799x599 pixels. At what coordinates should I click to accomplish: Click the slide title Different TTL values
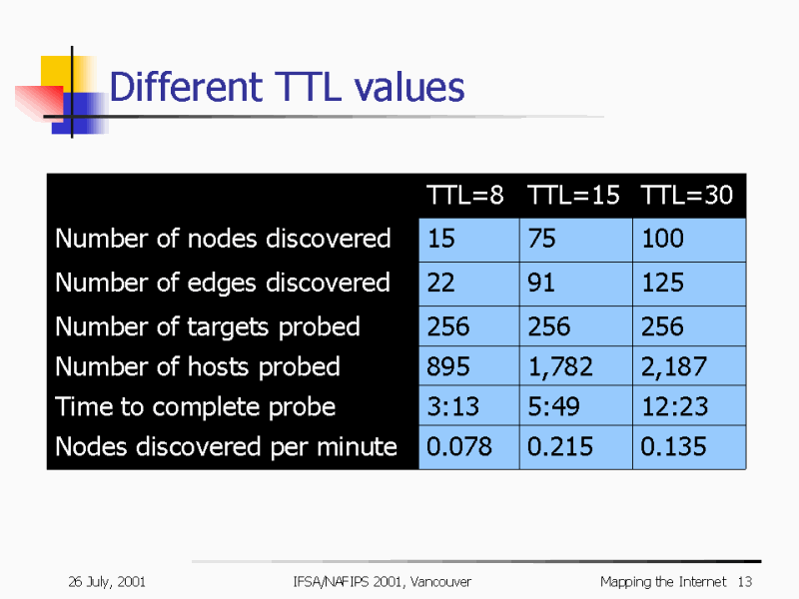coord(287,88)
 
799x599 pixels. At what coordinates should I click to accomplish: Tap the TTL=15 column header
coord(573,195)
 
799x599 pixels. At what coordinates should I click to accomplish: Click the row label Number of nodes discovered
coord(223,239)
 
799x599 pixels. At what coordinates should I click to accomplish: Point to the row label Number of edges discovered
coord(223,283)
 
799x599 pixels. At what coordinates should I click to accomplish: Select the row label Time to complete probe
coord(196,406)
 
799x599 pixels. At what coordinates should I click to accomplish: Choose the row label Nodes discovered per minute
coord(226,446)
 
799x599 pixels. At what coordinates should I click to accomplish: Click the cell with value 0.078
coord(459,446)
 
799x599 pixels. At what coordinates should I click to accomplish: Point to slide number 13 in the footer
coord(744,581)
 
